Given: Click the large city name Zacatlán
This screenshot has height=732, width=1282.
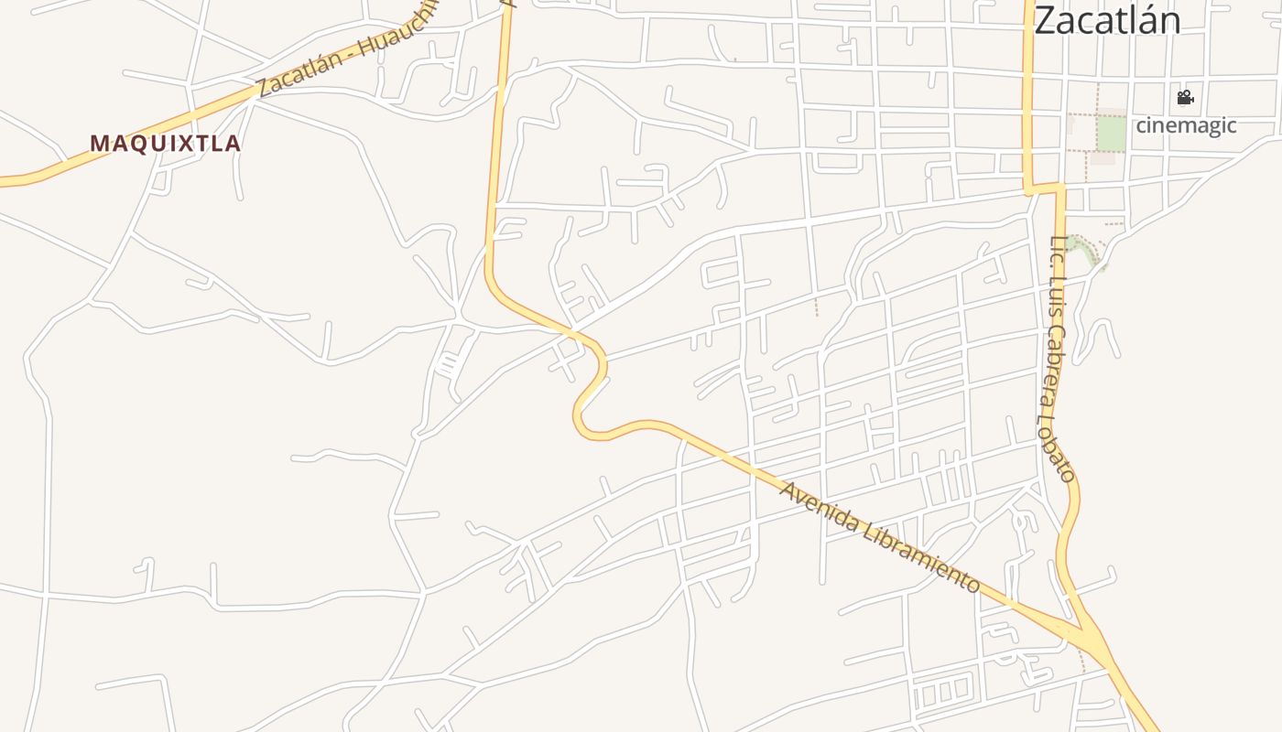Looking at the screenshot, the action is (1107, 20).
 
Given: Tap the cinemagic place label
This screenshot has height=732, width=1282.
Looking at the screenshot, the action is (1186, 125).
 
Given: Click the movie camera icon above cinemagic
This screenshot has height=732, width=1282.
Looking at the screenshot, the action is (1185, 97).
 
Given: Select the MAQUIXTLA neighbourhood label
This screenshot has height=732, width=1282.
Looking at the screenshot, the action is (166, 144).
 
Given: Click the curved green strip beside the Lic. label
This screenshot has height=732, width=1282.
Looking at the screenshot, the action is (1086, 248).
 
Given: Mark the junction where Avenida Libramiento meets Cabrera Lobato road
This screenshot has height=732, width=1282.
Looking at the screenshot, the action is (1086, 632).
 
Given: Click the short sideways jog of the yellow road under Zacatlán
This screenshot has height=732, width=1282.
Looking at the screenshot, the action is (1045, 189).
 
